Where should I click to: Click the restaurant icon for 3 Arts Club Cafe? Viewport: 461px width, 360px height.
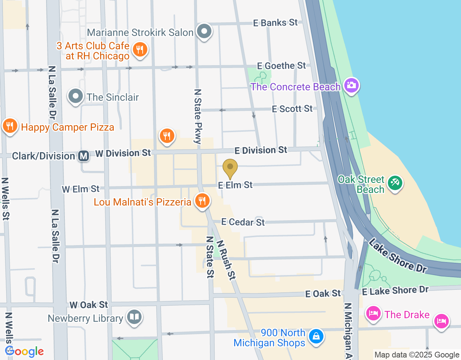coord(140,50)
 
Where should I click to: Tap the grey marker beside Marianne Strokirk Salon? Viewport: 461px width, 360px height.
coord(204,31)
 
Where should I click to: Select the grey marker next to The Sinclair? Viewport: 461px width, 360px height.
coord(76,96)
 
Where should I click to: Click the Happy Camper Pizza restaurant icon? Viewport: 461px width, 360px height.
coord(10,126)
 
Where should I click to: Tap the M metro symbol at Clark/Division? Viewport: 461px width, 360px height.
coord(84,156)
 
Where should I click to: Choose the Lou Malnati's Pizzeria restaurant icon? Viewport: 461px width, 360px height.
coord(202,201)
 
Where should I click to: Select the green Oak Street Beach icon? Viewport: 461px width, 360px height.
coord(395,183)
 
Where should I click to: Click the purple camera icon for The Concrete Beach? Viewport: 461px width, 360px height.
coord(351,86)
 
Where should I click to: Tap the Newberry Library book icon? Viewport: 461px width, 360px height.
coord(134,317)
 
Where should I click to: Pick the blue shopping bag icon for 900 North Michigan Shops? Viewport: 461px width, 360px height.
coord(316,337)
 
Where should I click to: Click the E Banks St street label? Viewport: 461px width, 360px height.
coord(275,23)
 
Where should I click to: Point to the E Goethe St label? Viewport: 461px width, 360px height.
coord(281,66)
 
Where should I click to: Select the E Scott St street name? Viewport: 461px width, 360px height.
coord(292,109)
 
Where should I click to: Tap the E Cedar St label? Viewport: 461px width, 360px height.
coord(243,222)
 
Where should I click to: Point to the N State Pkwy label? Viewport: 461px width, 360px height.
coord(198,116)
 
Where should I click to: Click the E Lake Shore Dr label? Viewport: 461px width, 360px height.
coord(395,290)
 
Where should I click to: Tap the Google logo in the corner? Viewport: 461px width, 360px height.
coord(24,351)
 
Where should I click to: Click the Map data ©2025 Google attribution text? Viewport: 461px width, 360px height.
coord(417,355)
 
